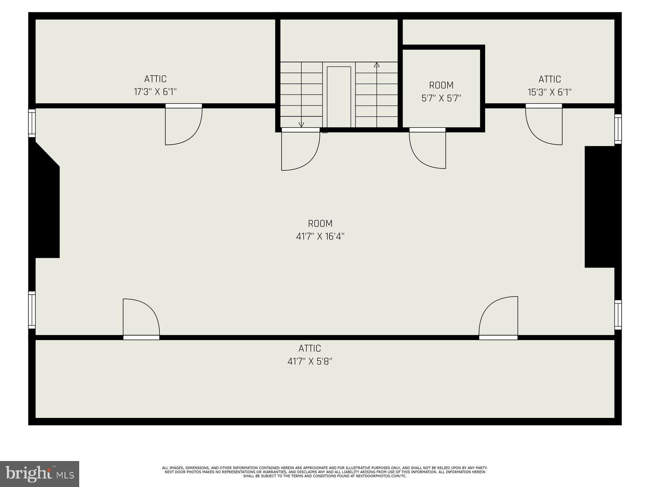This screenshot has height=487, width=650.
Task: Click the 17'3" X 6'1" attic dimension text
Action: coord(155,92)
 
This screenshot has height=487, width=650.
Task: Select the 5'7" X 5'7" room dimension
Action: coord(441,98)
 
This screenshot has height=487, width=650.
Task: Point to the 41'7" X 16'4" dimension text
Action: coord(320,236)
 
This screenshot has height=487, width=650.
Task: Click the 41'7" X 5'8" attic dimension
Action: coord(310,361)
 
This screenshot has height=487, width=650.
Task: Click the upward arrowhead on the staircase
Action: coord(377,65)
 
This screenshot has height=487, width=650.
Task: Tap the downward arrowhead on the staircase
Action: coord(301,125)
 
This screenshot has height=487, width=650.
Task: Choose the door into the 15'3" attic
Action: coord(544,125)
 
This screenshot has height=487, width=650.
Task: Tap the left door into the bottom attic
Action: coord(141,319)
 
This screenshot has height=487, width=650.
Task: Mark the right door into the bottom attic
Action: coord(499,317)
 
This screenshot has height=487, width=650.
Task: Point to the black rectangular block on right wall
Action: coord(600,207)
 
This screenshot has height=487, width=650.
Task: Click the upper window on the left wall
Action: coord(32,123)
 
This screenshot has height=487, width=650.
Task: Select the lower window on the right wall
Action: coord(618,315)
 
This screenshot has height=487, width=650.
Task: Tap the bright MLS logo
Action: coord(39,474)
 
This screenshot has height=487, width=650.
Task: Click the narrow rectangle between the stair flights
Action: coord(339,97)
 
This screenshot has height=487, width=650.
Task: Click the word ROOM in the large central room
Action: coord(320,224)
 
